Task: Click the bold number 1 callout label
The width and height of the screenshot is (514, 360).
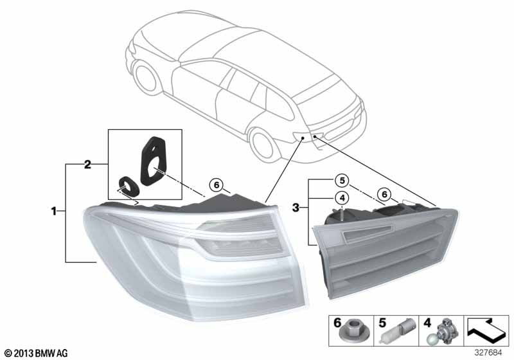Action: (x=54, y=211)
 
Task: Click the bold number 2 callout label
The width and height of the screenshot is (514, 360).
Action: (x=87, y=165)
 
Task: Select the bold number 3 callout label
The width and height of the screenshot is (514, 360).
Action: (x=296, y=207)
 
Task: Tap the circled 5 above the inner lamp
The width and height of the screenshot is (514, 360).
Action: (x=342, y=181)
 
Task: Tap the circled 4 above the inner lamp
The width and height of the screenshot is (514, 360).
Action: (x=342, y=198)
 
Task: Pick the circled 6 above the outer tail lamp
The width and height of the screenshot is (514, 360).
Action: (x=217, y=185)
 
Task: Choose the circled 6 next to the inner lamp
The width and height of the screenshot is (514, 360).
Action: (x=384, y=194)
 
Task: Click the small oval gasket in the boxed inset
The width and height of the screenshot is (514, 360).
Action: (x=128, y=186)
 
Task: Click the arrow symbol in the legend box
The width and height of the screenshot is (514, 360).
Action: (x=486, y=329)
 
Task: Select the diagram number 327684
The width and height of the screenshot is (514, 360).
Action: (x=488, y=352)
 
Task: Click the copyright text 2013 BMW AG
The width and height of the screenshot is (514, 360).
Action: (x=36, y=354)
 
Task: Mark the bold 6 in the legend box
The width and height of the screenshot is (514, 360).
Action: (x=337, y=323)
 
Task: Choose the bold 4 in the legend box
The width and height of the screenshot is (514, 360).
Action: (x=427, y=323)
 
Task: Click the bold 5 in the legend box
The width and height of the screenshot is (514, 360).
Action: (x=382, y=323)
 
